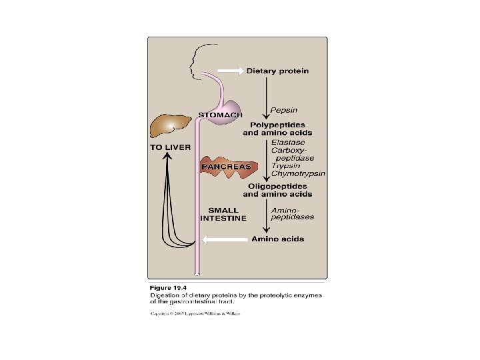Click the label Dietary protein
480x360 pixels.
click(x=278, y=71)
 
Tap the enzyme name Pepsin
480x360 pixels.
click(x=283, y=109)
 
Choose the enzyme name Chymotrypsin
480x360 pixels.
click(x=298, y=173)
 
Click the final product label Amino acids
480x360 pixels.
click(x=277, y=239)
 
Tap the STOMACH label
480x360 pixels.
click(x=221, y=115)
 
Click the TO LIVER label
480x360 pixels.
click(x=170, y=147)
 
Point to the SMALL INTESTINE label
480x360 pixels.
click(x=223, y=214)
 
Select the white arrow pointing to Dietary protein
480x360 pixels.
click(x=229, y=71)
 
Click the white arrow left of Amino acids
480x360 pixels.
click(x=224, y=239)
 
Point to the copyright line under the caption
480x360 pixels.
click(x=195, y=313)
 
